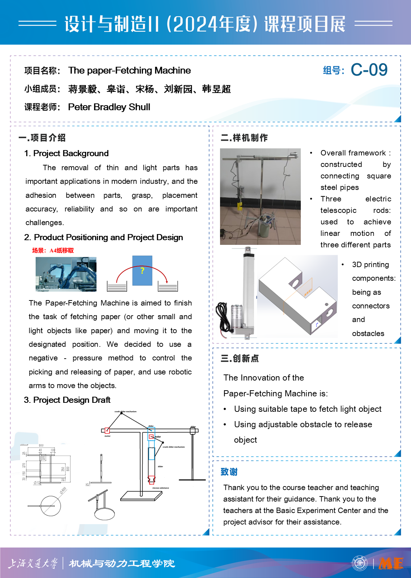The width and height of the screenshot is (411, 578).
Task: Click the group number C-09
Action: (x=369, y=70)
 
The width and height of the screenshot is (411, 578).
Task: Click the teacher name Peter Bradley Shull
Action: (x=109, y=107)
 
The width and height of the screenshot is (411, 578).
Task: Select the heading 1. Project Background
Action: (x=66, y=153)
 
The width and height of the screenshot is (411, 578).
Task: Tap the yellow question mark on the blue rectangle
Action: (x=142, y=270)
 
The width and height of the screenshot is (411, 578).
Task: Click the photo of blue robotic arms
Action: (x=66, y=274)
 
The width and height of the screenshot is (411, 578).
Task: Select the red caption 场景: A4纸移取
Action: (x=53, y=250)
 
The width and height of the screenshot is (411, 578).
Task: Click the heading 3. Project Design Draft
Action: (x=67, y=400)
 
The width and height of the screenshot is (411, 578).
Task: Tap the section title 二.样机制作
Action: (x=244, y=137)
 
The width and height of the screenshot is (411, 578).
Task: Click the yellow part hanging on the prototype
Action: (x=239, y=206)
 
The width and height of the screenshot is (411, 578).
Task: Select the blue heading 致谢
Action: (x=229, y=472)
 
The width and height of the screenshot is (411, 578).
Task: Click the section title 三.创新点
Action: (x=239, y=358)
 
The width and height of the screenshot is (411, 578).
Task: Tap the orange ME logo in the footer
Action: (x=391, y=563)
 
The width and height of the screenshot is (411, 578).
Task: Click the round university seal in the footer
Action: (x=360, y=563)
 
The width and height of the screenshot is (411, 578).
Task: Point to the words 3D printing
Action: (x=370, y=265)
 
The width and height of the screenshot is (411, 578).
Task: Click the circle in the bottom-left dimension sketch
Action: (x=51, y=506)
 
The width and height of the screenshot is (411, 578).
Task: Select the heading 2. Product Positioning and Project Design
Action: (x=103, y=237)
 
